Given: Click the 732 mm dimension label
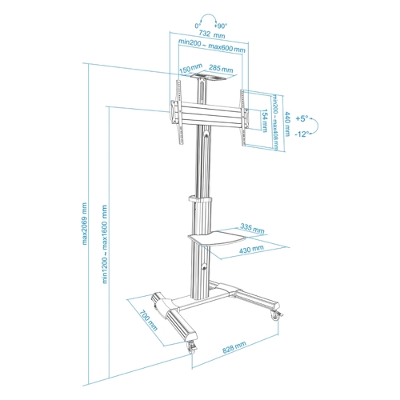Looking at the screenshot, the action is (x=212, y=34).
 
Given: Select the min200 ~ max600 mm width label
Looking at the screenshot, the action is (x=212, y=46).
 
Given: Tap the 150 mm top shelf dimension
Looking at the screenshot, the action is (x=190, y=69).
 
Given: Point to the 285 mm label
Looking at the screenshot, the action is (x=221, y=69).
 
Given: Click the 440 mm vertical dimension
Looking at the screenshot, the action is (x=287, y=124).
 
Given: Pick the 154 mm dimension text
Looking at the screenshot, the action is (x=265, y=120).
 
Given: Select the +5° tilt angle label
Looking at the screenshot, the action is (x=302, y=118).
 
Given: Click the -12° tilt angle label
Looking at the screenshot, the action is (x=302, y=134).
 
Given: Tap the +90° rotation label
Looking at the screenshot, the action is (x=221, y=26).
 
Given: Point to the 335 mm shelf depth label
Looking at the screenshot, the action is (x=252, y=228).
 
